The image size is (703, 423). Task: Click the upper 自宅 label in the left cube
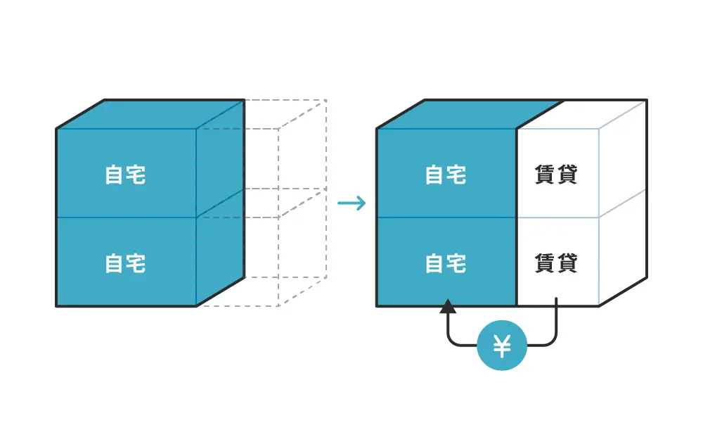click(x=125, y=175)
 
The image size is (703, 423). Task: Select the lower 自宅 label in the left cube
click(x=125, y=263)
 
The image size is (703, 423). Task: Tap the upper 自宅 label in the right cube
click(x=446, y=175)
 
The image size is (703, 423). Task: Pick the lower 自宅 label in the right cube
click(x=446, y=263)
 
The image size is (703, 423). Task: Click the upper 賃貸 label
click(x=556, y=175)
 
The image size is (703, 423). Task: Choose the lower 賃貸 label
click(x=556, y=263)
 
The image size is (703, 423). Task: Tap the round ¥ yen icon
click(x=502, y=346)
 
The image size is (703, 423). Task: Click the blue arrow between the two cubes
click(x=351, y=204)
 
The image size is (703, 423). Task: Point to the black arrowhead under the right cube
click(x=447, y=306)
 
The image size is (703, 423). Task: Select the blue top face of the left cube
click(x=151, y=114)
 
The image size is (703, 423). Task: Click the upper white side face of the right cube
click(x=622, y=158)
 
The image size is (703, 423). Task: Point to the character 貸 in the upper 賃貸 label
click(x=567, y=175)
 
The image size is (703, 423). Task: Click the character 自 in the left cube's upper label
click(x=115, y=175)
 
